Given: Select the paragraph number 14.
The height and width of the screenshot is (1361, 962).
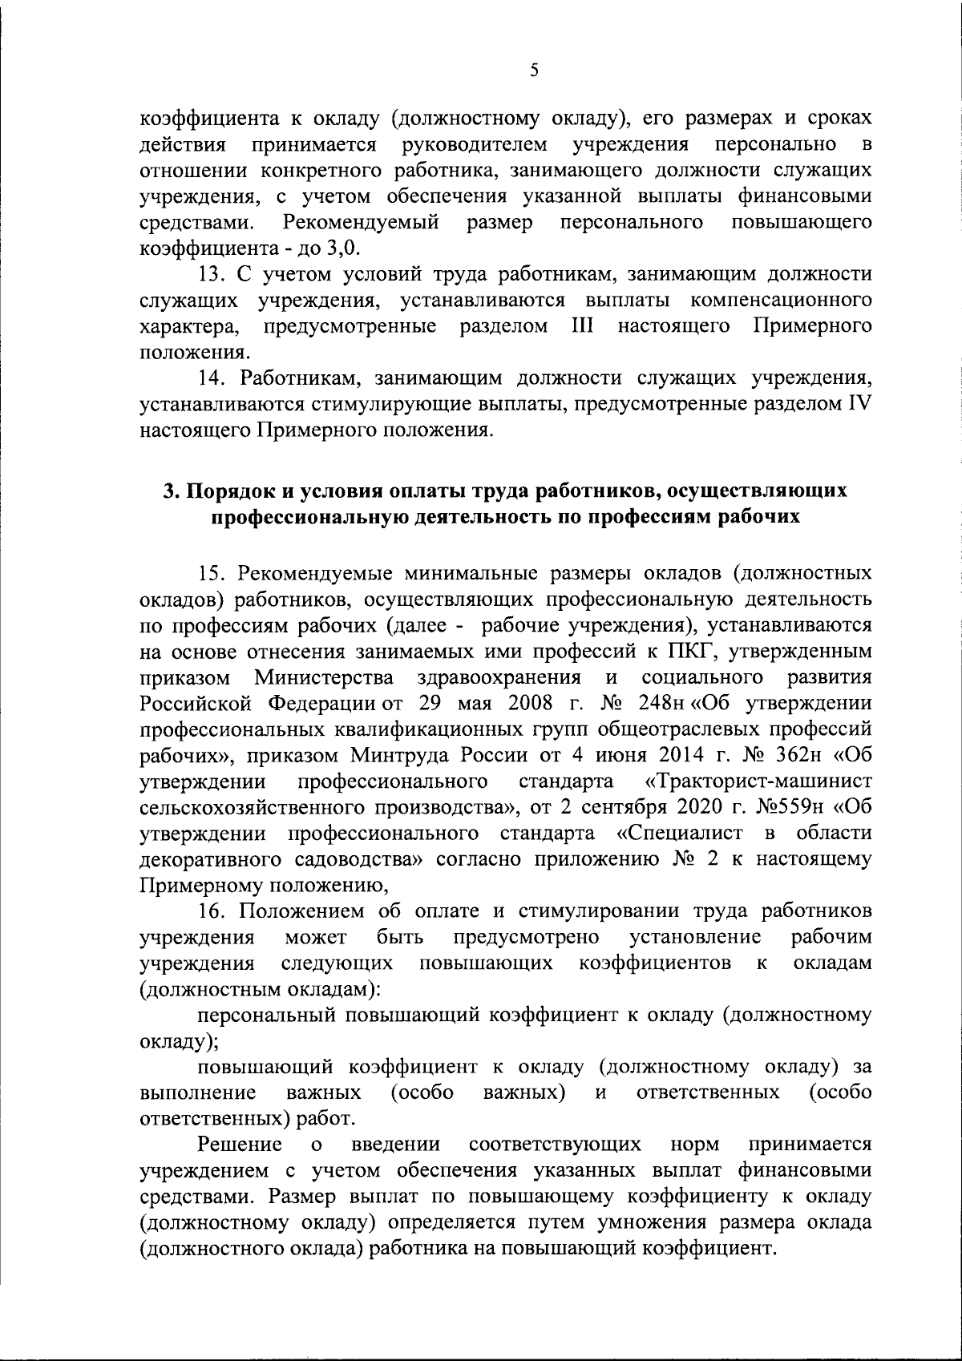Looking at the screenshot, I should (212, 378).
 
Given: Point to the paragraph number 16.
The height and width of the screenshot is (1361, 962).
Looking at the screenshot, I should (212, 911).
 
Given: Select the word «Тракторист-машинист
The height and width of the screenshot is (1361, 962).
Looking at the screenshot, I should (758, 781).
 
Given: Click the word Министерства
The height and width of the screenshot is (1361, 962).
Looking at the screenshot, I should (324, 677).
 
